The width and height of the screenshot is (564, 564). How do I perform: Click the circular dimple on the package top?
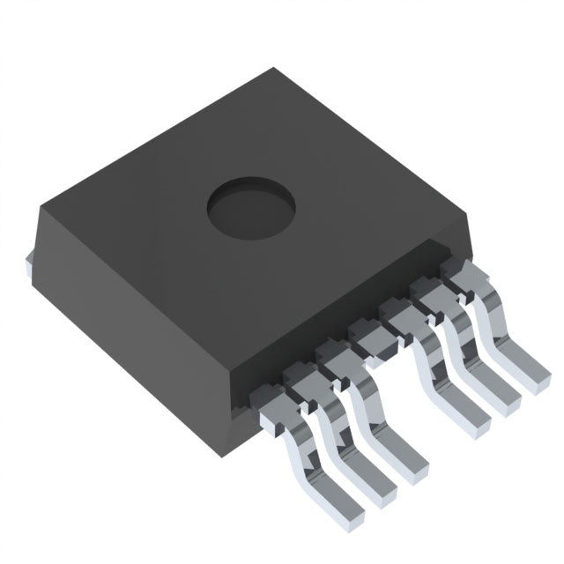(250, 209)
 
